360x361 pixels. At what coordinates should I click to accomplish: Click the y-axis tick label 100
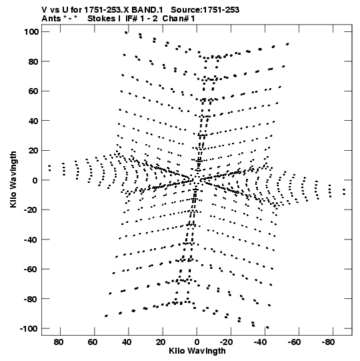(x=31, y=31)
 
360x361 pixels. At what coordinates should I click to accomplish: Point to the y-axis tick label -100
(x=29, y=328)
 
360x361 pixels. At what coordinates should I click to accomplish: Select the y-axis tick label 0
(x=35, y=180)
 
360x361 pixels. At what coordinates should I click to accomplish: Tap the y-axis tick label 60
(x=33, y=91)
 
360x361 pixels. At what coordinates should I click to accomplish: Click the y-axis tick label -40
(x=31, y=240)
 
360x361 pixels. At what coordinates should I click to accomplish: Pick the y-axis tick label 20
(x=33, y=151)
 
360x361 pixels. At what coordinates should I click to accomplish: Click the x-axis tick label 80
(x=59, y=342)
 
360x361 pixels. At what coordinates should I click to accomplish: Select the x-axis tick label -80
(x=328, y=342)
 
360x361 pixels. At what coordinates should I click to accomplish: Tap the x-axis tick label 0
(x=197, y=342)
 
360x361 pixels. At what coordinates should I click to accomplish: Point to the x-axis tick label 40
(x=127, y=342)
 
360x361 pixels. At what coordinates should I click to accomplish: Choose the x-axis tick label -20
(x=225, y=342)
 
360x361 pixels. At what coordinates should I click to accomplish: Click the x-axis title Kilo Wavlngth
(x=197, y=351)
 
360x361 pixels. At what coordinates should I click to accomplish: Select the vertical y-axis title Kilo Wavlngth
(x=13, y=179)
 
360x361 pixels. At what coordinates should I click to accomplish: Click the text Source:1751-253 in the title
(x=205, y=10)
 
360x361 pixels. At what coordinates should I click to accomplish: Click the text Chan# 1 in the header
(x=179, y=19)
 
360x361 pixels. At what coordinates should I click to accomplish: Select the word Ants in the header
(x=51, y=19)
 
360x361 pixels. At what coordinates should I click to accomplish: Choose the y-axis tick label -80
(x=31, y=299)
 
